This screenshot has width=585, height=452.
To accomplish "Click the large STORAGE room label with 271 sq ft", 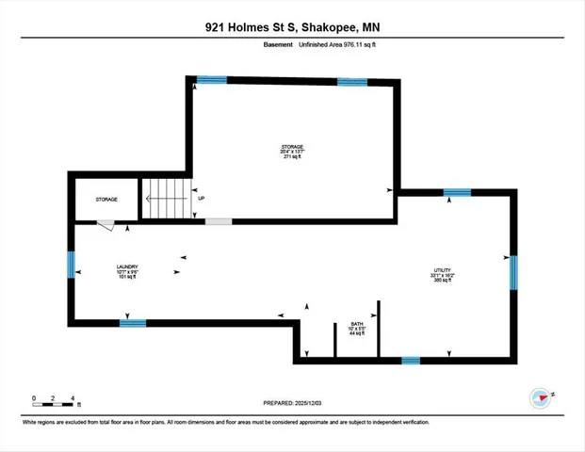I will point(292,152).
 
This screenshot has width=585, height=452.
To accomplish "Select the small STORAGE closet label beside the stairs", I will point(105,200).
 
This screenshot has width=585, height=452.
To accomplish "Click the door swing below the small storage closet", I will point(106,226).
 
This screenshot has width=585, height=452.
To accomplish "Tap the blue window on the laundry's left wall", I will point(72,265).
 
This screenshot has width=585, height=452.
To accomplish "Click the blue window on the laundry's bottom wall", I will point(133,323).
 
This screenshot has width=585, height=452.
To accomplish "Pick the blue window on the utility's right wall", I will point(513,272).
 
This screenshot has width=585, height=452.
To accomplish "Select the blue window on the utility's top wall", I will point(457,193).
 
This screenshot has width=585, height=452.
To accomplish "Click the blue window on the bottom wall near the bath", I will point(411,360).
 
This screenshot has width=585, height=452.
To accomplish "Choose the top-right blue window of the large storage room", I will point(351,81).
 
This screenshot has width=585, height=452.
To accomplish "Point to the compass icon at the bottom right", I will point(540,396).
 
